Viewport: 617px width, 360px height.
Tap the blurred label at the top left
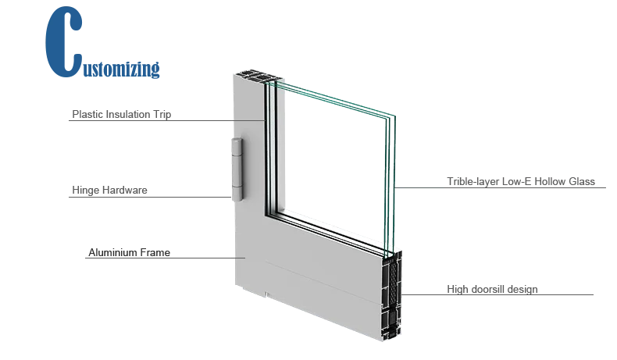(119, 116)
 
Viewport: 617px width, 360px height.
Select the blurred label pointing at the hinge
(109, 190)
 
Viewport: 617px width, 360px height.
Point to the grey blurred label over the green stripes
(522, 182)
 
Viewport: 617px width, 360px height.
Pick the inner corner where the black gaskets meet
(270, 212)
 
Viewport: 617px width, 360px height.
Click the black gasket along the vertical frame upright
(267, 148)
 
